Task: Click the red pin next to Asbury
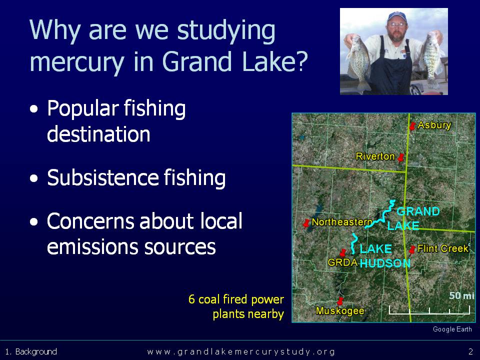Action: coord(412,125)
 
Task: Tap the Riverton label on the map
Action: coord(375,156)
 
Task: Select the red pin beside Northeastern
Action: coord(306,223)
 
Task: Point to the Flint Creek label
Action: coord(442,248)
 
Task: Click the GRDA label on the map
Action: coord(342,262)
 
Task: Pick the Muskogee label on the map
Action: coord(340,310)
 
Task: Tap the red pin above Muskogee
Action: coord(340,301)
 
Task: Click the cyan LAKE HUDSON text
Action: coord(385,256)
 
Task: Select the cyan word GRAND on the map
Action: coord(418,211)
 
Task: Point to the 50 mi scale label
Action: coord(461,295)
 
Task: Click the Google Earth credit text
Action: coord(452,329)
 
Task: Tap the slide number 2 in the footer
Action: coord(471,351)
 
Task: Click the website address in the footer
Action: coord(241,351)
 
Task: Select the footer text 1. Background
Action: coord(31,351)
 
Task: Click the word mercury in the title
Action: coord(77,62)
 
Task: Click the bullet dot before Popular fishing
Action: coord(34,109)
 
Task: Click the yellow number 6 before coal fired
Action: coord(191,299)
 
